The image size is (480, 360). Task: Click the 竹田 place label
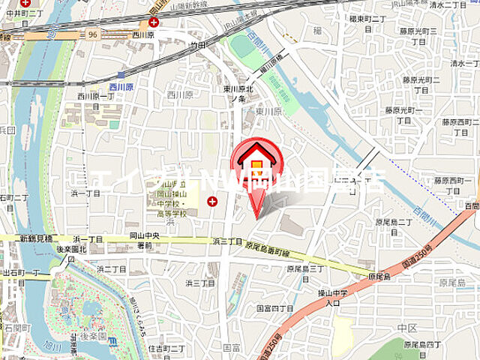[196, 46]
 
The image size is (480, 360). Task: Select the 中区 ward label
[408, 328]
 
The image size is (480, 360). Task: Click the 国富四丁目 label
[274, 307]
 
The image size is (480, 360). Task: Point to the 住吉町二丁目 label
[166, 347]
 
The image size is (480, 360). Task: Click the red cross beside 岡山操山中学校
[213, 201]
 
